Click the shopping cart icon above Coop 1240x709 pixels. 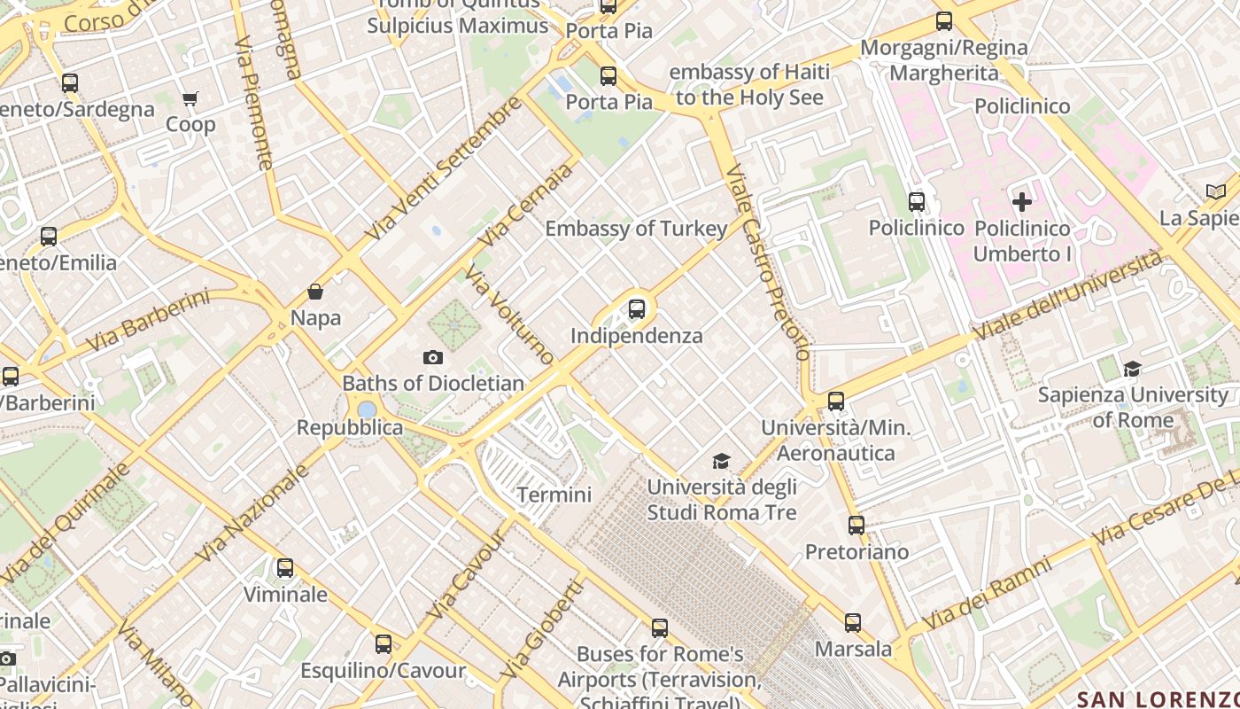tap(190, 98)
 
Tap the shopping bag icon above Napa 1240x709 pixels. tap(315, 292)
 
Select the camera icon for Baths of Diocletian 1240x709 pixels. tap(433, 357)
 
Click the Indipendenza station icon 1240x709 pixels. tap(637, 309)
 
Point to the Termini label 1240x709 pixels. tap(554, 495)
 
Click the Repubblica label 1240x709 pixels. tap(350, 428)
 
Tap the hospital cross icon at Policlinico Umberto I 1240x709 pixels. tap(1022, 202)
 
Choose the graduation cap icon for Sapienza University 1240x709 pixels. tap(1132, 369)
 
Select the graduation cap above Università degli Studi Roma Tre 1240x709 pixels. tap(722, 461)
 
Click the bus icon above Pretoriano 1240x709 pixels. tap(856, 526)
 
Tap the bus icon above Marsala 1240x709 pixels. tap(853, 623)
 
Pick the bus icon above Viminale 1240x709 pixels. tap(285, 568)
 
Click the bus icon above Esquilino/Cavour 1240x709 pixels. tap(384, 644)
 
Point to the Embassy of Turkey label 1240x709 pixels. tap(636, 229)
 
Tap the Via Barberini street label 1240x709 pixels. tap(148, 319)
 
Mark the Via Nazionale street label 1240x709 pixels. tap(252, 513)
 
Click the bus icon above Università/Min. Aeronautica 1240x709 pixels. tap(836, 401)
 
